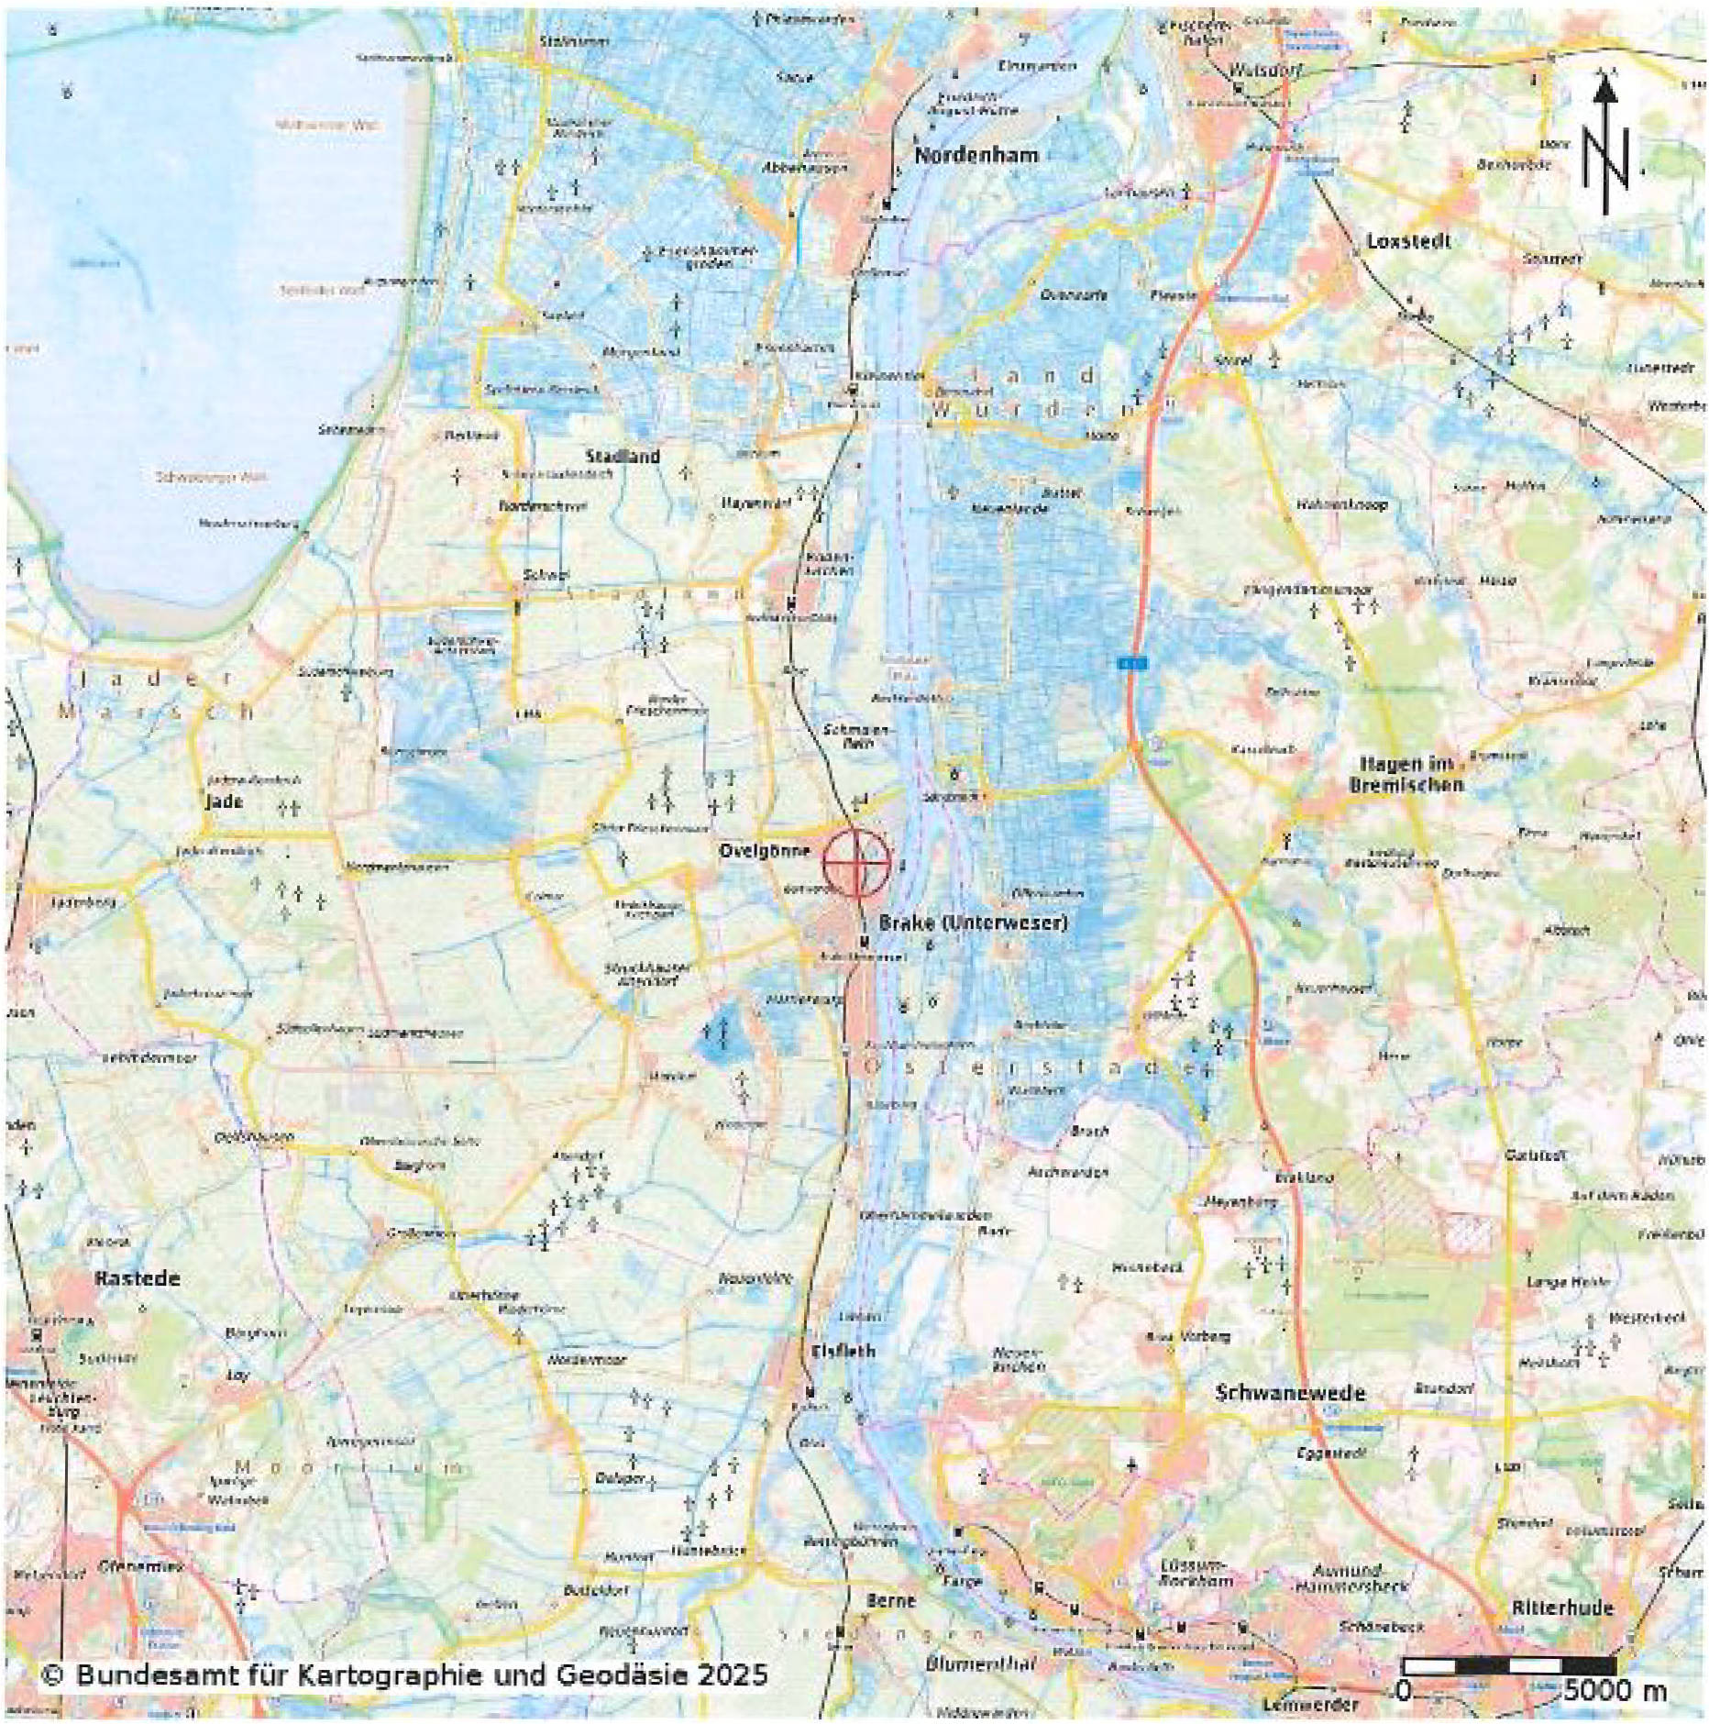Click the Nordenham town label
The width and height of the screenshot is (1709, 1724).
tap(976, 155)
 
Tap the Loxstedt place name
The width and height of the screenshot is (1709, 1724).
tap(1408, 241)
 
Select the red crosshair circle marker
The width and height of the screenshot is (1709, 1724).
tap(856, 862)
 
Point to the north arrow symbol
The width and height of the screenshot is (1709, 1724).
tap(1604, 147)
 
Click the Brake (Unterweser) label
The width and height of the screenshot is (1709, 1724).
tap(973, 922)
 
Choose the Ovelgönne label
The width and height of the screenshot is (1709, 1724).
tap(764, 850)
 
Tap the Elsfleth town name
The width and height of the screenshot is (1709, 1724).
tap(843, 1351)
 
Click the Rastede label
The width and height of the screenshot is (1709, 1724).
tap(138, 1278)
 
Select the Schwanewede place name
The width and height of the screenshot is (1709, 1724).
tap(1290, 1393)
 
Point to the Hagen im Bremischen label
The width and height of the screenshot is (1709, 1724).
tap(1406, 774)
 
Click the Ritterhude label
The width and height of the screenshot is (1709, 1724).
tap(1562, 1608)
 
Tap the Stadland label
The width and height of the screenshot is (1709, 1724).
tap(623, 456)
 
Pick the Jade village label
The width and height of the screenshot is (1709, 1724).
tap(224, 801)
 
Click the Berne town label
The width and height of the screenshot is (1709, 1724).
tap(890, 1600)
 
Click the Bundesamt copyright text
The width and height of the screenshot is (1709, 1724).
tap(403, 1675)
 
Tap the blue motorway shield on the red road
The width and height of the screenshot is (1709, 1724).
tap(1132, 661)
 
